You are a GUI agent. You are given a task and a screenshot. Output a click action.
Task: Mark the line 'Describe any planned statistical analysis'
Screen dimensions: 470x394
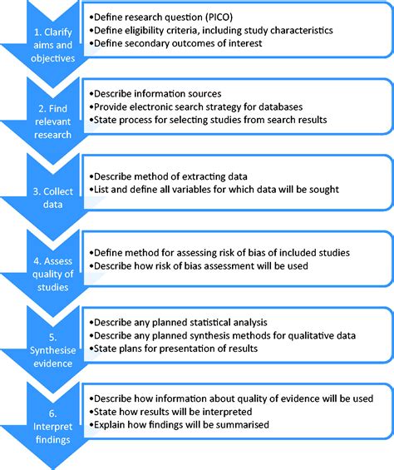point(181,322)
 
